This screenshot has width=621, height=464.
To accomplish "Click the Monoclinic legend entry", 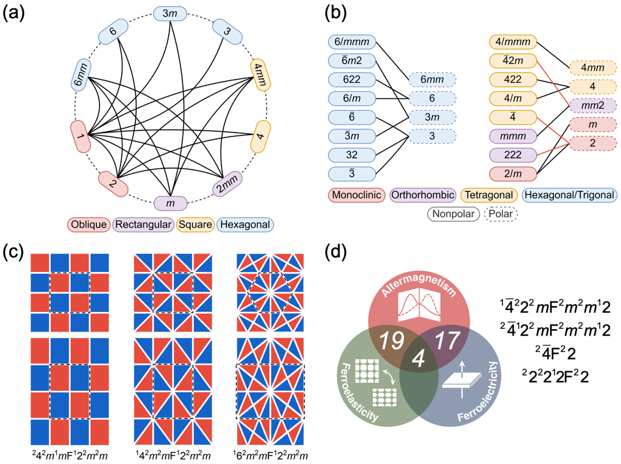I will [357, 195].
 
